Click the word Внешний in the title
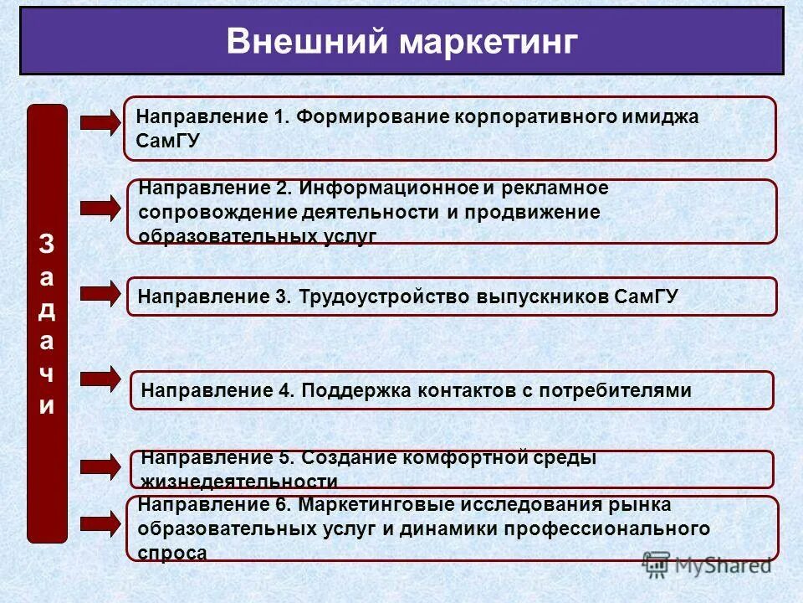pos(305,42)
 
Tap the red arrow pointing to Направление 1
pos(100,123)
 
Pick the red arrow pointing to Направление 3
pos(100,293)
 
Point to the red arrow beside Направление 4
pos(100,379)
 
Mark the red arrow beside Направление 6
pos(100,524)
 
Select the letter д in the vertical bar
pos(47,309)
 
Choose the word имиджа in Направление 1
pos(658,117)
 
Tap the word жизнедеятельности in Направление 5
pos(239,482)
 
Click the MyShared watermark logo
pos(708,565)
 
